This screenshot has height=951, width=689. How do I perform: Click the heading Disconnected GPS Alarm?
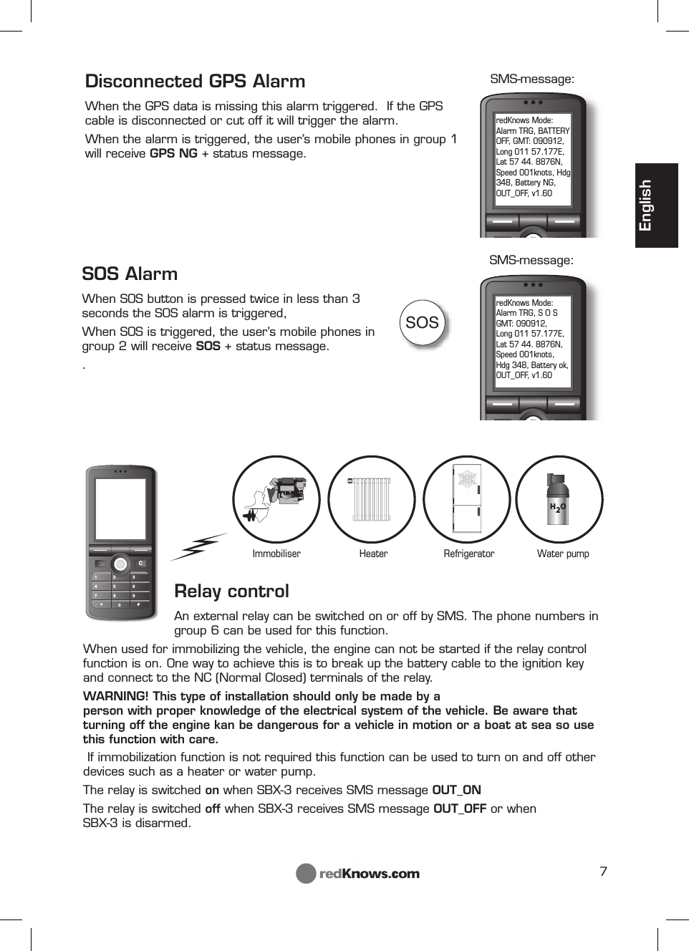[x=195, y=81]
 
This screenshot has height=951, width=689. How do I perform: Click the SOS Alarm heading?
[x=130, y=274]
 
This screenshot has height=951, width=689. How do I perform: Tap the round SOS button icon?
[x=422, y=323]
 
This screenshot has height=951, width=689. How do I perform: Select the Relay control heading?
[x=231, y=591]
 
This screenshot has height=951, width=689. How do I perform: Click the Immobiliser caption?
[x=276, y=554]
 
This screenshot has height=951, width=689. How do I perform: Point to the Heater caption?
[x=373, y=554]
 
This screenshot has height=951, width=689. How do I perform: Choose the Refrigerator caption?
[x=468, y=554]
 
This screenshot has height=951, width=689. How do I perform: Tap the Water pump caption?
[x=563, y=554]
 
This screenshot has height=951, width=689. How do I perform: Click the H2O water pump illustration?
[x=558, y=499]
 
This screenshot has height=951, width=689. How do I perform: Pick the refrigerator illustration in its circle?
[x=467, y=499]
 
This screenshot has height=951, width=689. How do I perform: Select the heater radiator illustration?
[x=371, y=499]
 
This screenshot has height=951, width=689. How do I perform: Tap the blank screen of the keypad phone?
[x=120, y=508]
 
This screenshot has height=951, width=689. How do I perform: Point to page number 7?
[x=603, y=871]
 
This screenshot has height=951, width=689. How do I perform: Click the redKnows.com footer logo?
[x=358, y=874]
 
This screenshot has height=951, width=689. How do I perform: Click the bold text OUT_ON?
[x=456, y=790]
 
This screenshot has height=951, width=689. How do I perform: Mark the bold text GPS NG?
[x=173, y=153]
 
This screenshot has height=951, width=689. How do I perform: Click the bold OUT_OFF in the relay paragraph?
[x=460, y=808]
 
